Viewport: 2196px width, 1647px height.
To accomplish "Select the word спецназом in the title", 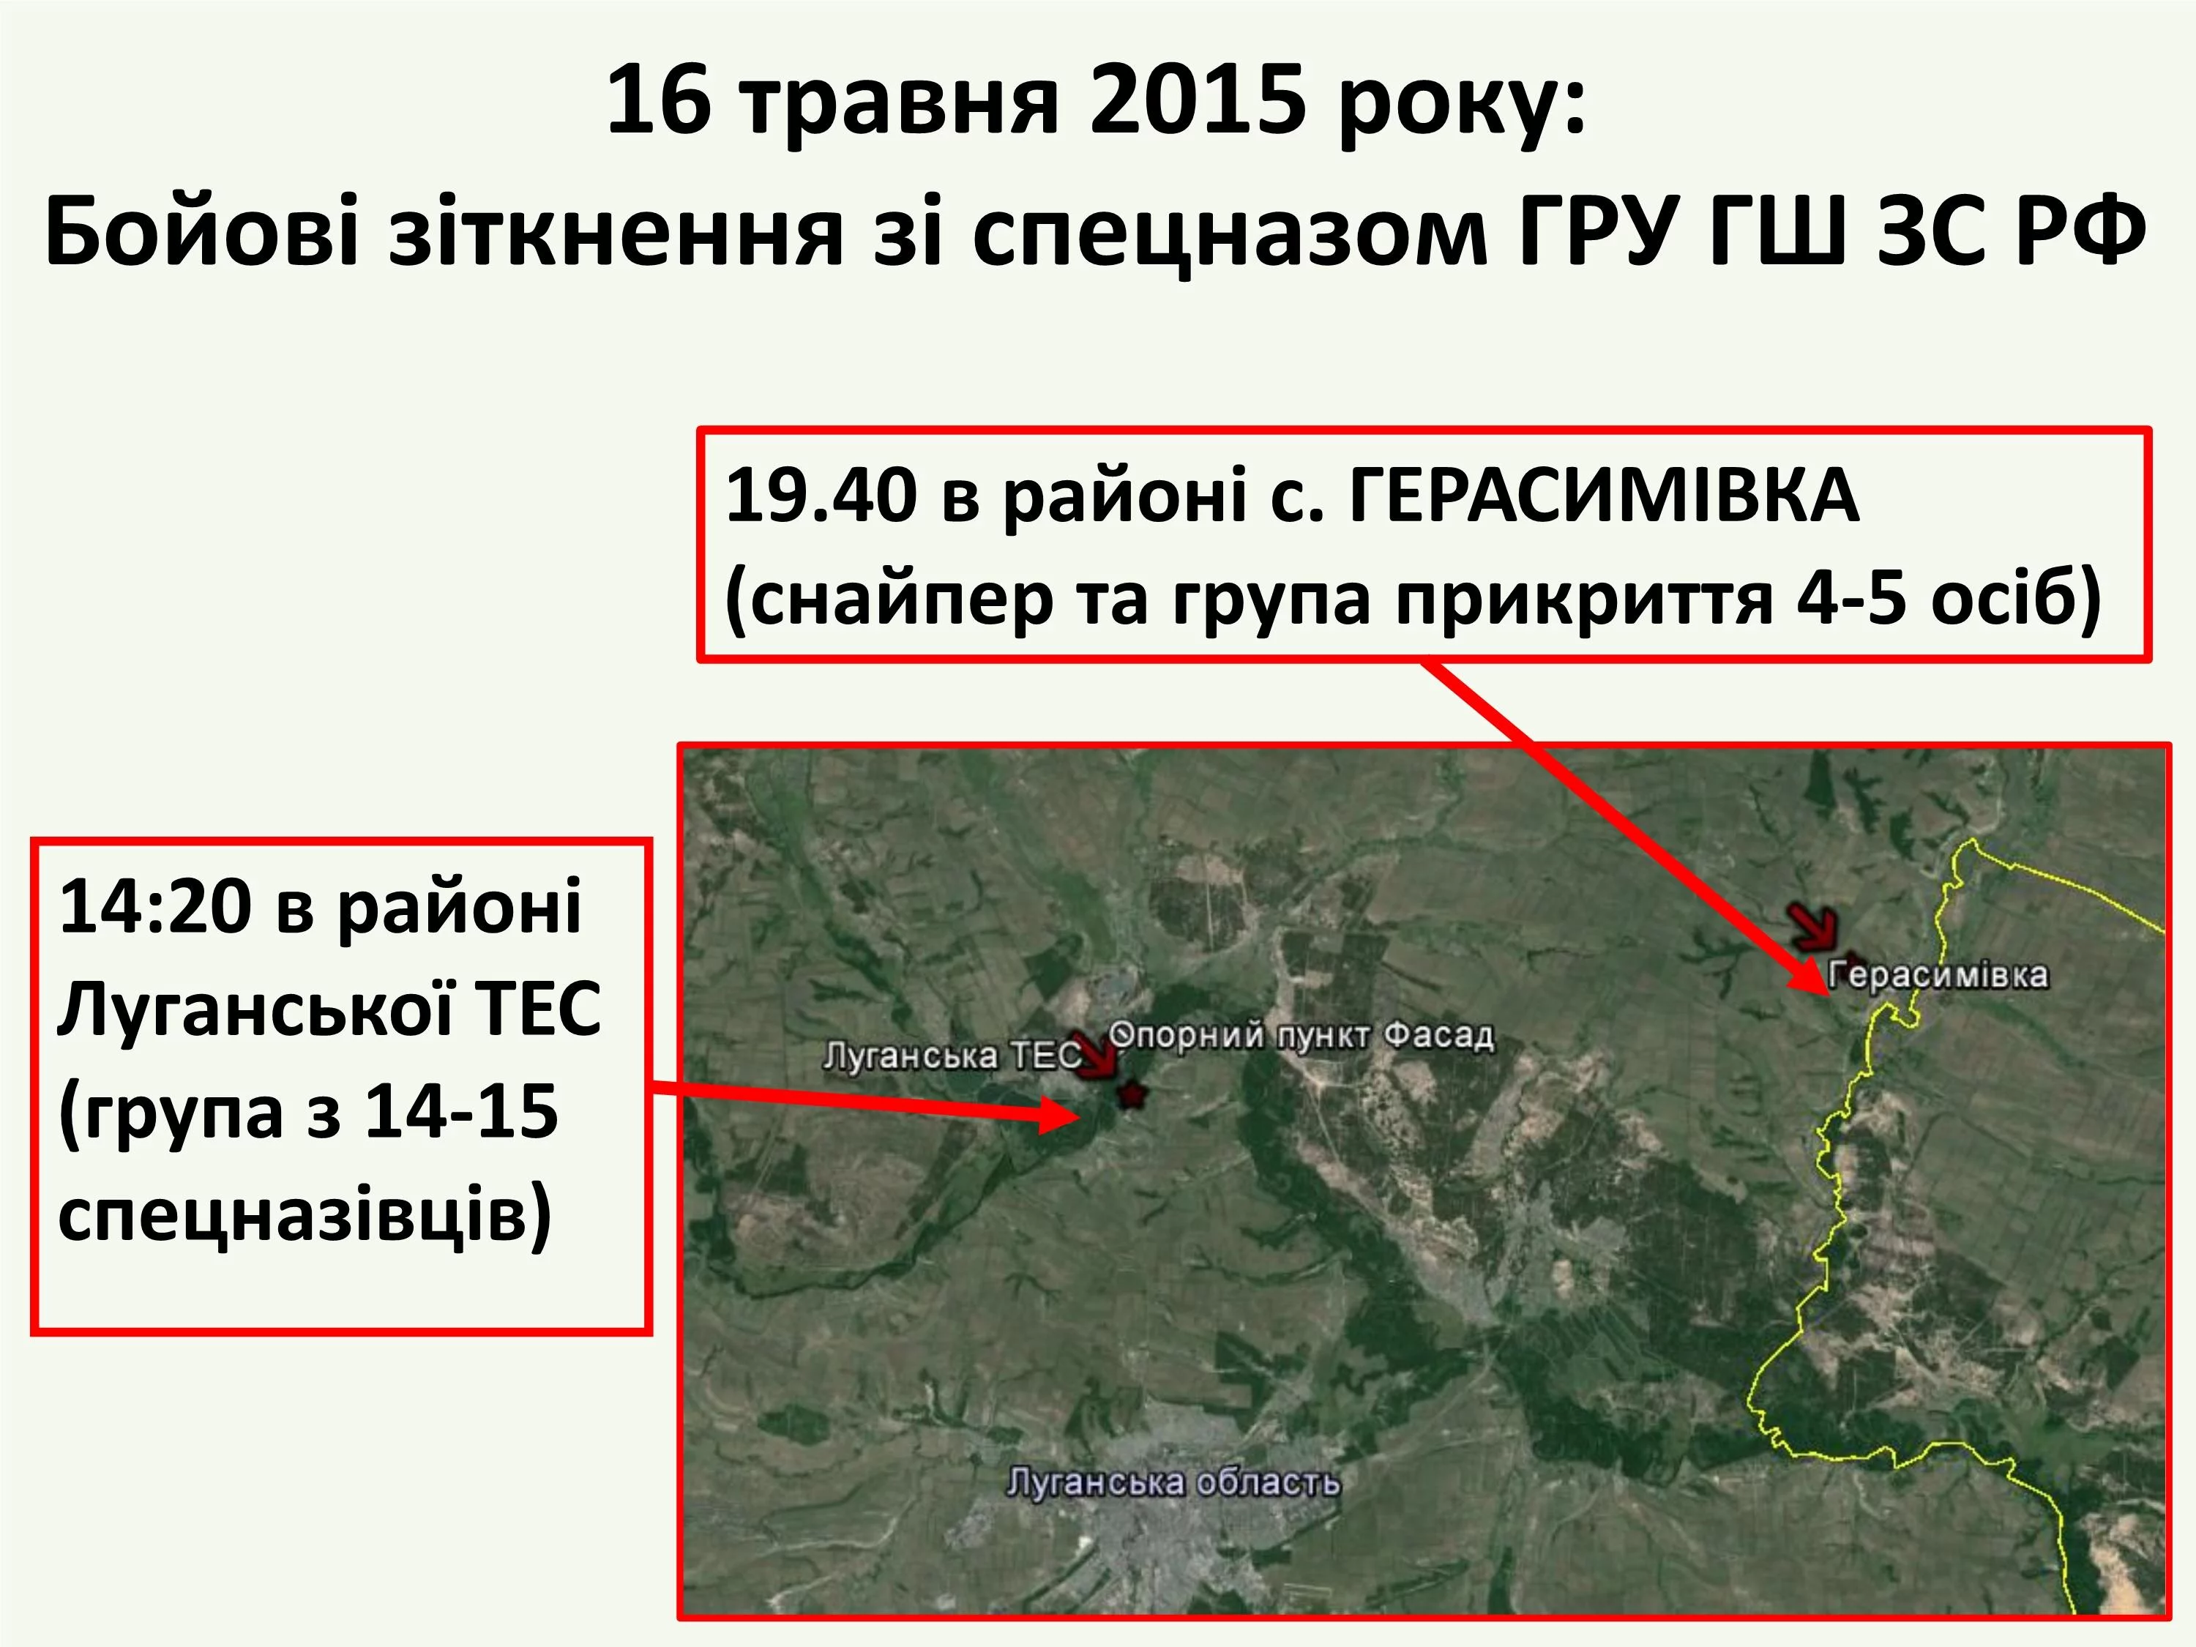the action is tap(1230, 234).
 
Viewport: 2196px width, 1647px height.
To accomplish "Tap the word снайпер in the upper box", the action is tap(901, 602).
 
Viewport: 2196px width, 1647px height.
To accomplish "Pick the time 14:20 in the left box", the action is tap(154, 908).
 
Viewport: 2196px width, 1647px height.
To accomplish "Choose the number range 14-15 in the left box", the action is tap(462, 1111).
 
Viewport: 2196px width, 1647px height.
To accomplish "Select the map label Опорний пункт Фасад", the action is tap(1301, 1036).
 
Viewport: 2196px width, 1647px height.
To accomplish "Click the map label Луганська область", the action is tap(1173, 1483).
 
